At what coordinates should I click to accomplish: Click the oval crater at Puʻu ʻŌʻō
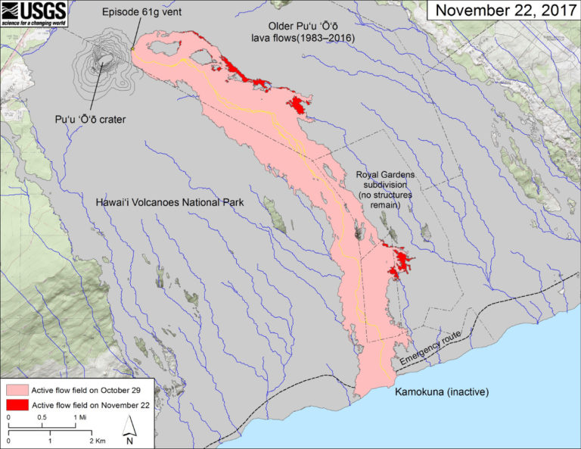[x=104, y=59]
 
